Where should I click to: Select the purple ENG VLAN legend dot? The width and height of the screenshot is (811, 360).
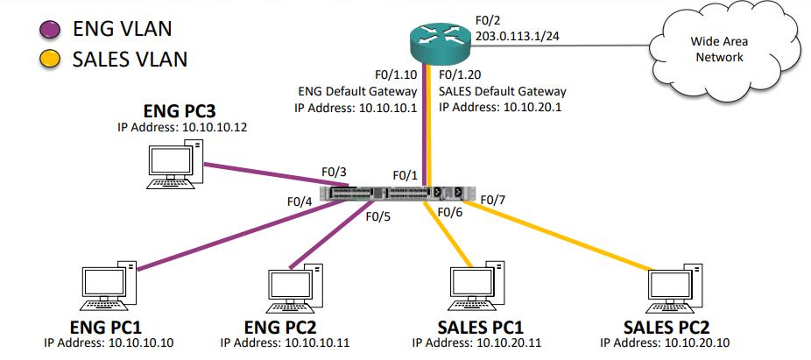pos(48,30)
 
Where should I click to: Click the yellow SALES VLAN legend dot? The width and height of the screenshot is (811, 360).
pos(48,60)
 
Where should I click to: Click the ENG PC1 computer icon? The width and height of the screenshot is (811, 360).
pos(108,284)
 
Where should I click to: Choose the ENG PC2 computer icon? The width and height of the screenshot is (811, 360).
pos(292,284)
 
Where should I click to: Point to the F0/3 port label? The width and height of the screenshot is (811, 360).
pos(334,172)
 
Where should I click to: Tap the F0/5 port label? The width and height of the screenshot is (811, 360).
pos(377,217)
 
